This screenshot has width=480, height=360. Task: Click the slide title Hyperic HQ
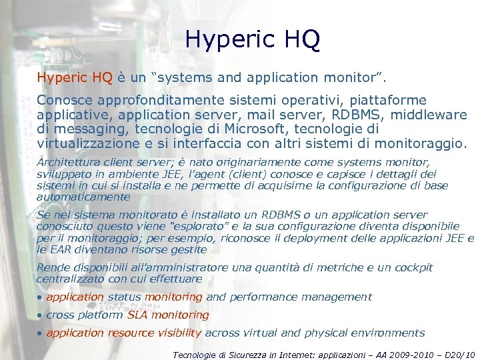click(253, 39)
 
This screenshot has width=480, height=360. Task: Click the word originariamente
click(275, 162)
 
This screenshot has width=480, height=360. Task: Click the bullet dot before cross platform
click(40, 315)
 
